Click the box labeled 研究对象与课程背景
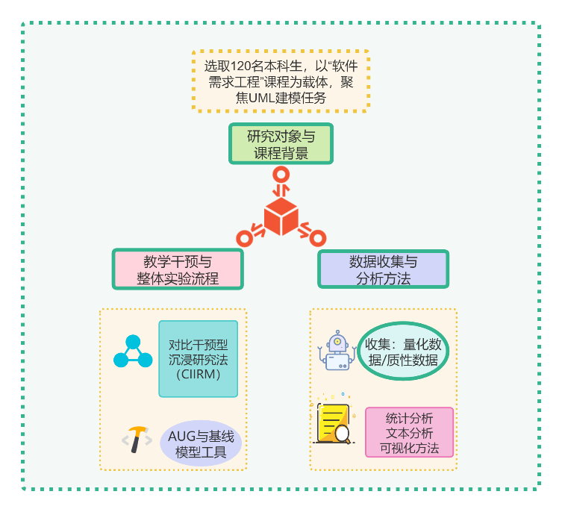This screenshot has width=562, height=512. [280, 144]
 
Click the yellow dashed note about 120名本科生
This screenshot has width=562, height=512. [280, 81]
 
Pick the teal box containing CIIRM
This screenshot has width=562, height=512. [198, 359]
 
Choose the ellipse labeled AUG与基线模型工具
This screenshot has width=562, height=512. [201, 445]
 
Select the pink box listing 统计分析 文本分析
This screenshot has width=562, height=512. [409, 433]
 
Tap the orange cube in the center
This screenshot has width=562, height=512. [281, 217]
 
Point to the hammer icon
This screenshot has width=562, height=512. [137, 440]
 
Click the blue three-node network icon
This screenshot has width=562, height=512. [132, 352]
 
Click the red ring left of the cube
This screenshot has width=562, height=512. [243, 238]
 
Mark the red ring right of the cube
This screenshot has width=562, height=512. [318, 238]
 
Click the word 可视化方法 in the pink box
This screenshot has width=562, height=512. [409, 449]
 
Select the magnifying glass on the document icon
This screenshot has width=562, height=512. [343, 434]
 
